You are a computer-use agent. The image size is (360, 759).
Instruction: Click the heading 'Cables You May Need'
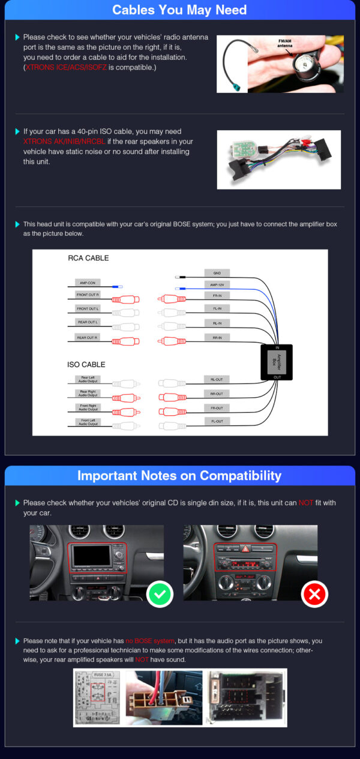click(179, 10)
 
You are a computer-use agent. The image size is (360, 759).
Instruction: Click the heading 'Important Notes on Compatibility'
click(179, 476)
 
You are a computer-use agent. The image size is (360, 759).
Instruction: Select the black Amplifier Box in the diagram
click(277, 362)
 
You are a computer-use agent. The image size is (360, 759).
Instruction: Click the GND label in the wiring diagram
click(217, 272)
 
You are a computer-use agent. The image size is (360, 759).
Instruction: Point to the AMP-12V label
click(217, 285)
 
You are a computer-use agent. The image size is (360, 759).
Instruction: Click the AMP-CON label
click(86, 282)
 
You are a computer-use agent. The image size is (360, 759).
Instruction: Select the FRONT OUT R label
click(87, 295)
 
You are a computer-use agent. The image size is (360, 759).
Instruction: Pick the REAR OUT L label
click(87, 322)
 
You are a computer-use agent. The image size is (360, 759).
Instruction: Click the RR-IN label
click(217, 338)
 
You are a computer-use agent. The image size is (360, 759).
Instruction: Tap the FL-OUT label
click(217, 421)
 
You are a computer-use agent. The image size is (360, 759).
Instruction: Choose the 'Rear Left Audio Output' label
click(87, 380)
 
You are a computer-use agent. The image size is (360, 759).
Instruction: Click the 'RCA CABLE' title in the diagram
click(88, 258)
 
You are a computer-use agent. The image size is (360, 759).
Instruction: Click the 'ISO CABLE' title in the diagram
click(86, 364)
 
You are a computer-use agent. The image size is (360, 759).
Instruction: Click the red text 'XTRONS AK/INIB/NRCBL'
click(64, 141)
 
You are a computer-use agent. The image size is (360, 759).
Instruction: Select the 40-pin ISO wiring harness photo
click(278, 160)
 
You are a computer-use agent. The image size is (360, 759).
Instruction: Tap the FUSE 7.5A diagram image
click(98, 697)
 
